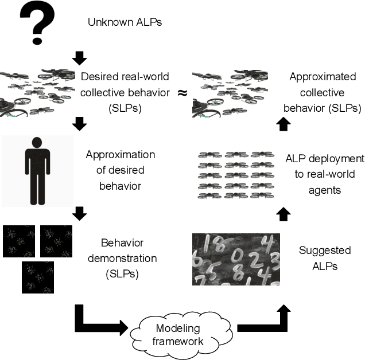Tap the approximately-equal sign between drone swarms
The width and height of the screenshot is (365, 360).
pyautogui.click(x=182, y=92)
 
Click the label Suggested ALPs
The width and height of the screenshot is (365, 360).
pyautogui.click(x=324, y=259)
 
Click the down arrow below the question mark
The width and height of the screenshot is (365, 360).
pyautogui.click(x=80, y=57)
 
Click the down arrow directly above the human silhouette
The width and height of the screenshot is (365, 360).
pyautogui.click(x=80, y=123)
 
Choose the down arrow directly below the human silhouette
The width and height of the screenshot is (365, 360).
pyautogui.click(x=80, y=214)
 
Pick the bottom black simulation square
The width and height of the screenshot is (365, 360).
pyautogui.click(x=38, y=277)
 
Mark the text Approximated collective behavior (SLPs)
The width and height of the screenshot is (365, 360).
pyautogui.click(x=324, y=92)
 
